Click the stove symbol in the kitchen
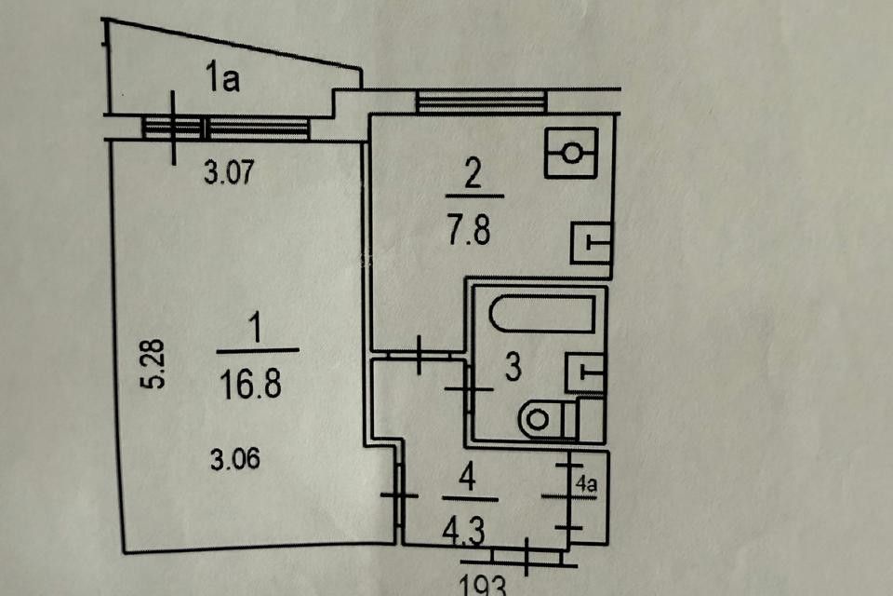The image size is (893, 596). pos(570,151)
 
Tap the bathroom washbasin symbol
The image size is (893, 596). pos(585,372)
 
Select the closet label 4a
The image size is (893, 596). pos(585,483)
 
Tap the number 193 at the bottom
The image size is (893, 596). pos(483,586)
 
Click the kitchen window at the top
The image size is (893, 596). pos(480,101)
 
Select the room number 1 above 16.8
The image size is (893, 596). pos(256,329)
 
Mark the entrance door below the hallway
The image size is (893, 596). pos(526,557)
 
